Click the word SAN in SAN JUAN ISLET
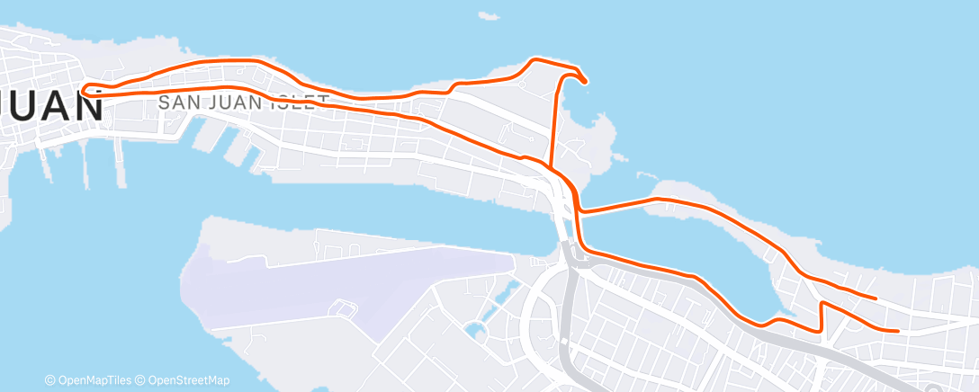[x=176, y=102]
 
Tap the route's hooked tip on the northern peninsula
[x=585, y=82]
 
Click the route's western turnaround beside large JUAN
[x=83, y=90]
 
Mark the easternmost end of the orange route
[x=898, y=331]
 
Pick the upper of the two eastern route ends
[x=875, y=297]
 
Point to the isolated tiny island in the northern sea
[x=489, y=15]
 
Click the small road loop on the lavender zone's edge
[x=343, y=307]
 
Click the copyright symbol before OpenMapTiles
[x=50, y=380]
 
